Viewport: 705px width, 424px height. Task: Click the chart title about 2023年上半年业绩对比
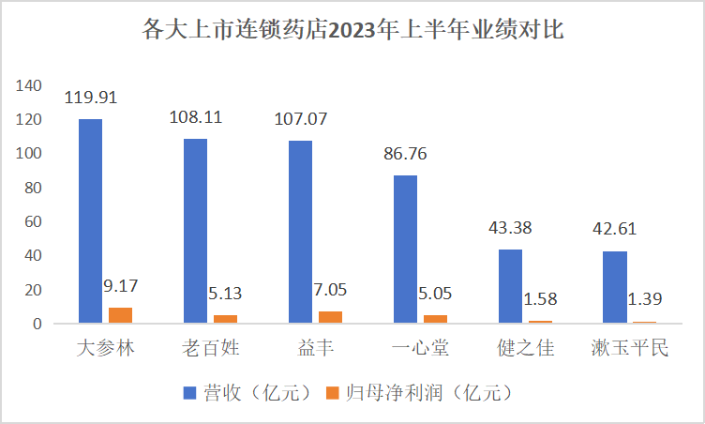[352, 30]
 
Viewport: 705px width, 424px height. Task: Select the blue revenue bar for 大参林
[91, 221]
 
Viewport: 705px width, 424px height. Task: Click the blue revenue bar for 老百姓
[195, 231]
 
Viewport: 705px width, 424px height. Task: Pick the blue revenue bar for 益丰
[300, 232]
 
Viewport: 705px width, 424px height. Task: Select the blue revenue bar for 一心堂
[405, 250]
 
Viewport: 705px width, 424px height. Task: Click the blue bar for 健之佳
[510, 286]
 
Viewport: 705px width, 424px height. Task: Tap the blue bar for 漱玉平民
[615, 287]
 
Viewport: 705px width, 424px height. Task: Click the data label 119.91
[91, 97]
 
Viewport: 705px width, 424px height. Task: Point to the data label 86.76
[405, 153]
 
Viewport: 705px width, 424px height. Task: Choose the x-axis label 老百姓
[210, 349]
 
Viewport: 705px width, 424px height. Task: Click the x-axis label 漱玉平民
[630, 349]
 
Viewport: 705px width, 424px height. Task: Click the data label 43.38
[510, 227]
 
